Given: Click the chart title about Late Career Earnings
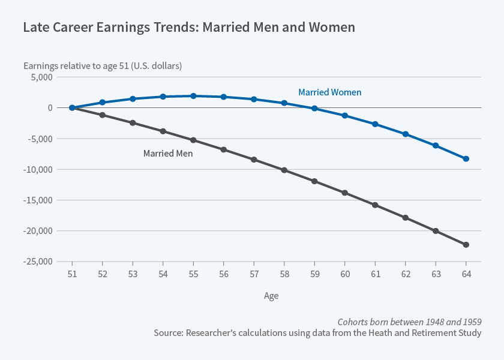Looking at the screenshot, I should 189,28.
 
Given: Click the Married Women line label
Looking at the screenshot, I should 329,92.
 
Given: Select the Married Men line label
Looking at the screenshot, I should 167,153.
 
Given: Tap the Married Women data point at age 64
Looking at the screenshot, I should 466,159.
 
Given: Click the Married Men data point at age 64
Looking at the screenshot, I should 466,245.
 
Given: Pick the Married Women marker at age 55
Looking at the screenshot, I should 193,96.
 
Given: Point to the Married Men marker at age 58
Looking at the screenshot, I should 284,170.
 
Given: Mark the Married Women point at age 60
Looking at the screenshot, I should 345,115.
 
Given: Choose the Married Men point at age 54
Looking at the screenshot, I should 163,131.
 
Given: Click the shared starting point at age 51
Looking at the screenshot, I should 72,108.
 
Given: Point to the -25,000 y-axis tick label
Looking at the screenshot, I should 37,262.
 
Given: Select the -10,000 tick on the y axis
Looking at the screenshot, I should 37,170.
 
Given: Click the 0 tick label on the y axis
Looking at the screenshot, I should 50,108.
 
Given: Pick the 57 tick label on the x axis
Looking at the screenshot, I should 254,274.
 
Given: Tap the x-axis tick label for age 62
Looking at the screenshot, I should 406,274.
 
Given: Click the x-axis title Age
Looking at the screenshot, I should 271,296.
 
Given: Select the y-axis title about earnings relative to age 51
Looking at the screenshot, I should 103,65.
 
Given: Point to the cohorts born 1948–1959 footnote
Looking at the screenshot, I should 409,321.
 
